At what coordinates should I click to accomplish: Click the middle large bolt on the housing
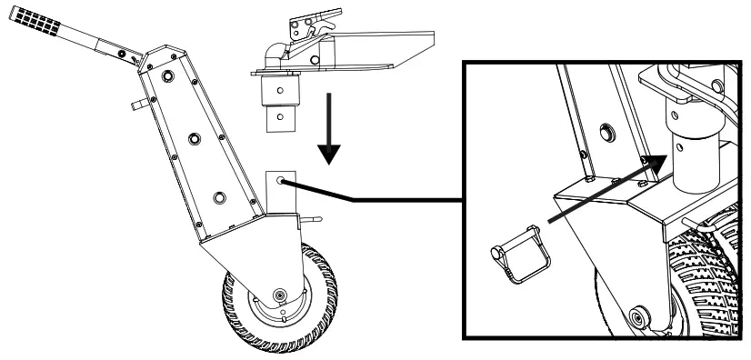[x=194, y=138]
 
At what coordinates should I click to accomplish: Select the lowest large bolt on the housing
[x=216, y=197]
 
